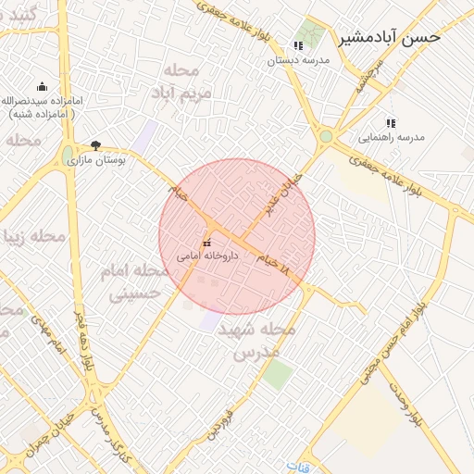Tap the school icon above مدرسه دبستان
[x=298, y=45]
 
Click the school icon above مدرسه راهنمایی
[x=391, y=122]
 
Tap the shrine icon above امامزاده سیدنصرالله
[x=42, y=86]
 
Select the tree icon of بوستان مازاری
[x=96, y=145]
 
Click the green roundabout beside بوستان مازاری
[x=68, y=154]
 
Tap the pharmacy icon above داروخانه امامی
[x=206, y=243]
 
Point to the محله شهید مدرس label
[x=264, y=341]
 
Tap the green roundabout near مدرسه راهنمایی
[x=326, y=137]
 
